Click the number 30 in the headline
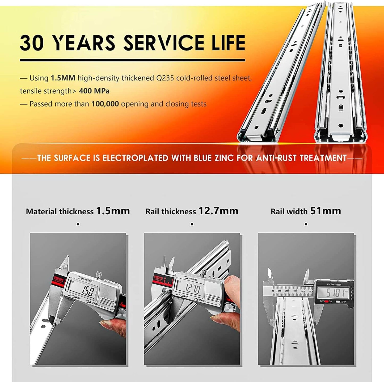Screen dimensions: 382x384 pos(32,43)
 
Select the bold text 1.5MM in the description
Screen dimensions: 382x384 pos(63,78)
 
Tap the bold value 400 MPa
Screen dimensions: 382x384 pos(94,91)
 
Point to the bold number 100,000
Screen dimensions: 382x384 pos(105,104)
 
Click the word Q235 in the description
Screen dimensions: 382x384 pos(165,78)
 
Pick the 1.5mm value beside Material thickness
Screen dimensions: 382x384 pos(113,211)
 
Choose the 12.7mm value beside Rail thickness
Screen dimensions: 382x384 pos(218,211)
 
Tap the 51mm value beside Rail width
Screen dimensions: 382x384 pos(326,211)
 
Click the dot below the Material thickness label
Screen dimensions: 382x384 pos(78,224)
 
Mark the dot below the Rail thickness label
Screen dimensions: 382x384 pos(192,224)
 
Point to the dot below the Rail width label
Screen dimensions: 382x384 pos(306,224)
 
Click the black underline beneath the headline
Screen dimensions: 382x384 pos(132,60)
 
